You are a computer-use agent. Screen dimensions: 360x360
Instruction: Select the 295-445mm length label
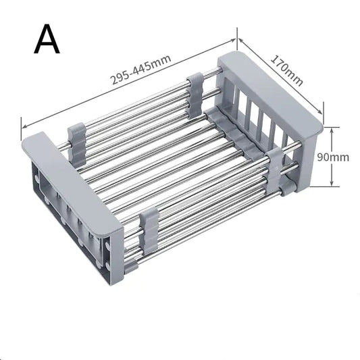(x=140, y=70)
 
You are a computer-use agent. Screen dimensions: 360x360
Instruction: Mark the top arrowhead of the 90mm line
(x=331, y=128)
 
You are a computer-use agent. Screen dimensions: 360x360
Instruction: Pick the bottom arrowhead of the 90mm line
(x=331, y=184)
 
